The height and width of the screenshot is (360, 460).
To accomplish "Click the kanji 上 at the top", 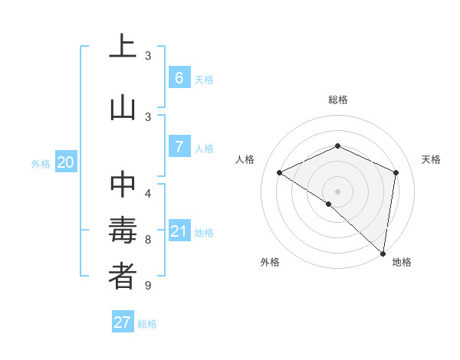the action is pyautogui.click(x=123, y=47).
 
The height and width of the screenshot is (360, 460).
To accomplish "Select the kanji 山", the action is pyautogui.click(x=123, y=107).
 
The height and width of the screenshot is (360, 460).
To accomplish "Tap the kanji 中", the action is pyautogui.click(x=123, y=184).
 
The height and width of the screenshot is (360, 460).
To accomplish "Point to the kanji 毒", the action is pyautogui.click(x=123, y=231).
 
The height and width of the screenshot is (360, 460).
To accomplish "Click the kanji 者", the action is pyautogui.click(x=123, y=277).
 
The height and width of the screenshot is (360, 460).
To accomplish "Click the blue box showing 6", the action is pyautogui.click(x=179, y=78).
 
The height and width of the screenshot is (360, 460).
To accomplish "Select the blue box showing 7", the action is pyautogui.click(x=179, y=147).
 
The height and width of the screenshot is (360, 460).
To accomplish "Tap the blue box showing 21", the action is pyautogui.click(x=179, y=231).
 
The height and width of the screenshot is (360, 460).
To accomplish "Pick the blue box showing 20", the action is pyautogui.click(x=66, y=162).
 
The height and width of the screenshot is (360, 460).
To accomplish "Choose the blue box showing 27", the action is pyautogui.click(x=123, y=322).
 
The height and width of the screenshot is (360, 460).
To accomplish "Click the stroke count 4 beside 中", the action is pyautogui.click(x=148, y=192).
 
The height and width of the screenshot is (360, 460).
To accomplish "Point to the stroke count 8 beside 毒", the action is pyautogui.click(x=148, y=239).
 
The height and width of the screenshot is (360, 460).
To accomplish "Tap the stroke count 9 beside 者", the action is pyautogui.click(x=148, y=286).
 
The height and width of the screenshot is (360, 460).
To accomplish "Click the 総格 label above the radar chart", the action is pyautogui.click(x=337, y=100).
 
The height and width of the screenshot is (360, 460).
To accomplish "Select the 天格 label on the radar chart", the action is pyautogui.click(x=431, y=159).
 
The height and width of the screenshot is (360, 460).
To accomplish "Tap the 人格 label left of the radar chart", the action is pyautogui.click(x=245, y=159).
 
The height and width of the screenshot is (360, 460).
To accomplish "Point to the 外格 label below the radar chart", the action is pyautogui.click(x=269, y=262).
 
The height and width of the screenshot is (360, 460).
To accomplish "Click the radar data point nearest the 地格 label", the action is pyautogui.click(x=383, y=254).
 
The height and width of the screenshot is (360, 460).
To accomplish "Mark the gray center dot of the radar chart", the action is pyautogui.click(x=337, y=191).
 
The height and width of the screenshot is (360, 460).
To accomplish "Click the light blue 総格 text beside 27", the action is pyautogui.click(x=147, y=324).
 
